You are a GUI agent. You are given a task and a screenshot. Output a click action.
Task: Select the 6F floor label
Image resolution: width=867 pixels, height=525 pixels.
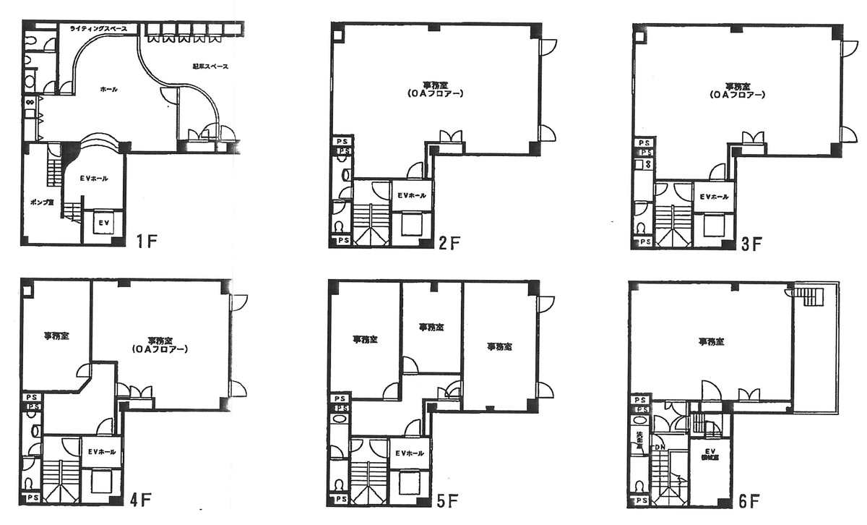pos(751,500)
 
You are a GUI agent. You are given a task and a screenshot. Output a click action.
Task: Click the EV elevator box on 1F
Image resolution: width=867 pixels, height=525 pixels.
pos(103,223)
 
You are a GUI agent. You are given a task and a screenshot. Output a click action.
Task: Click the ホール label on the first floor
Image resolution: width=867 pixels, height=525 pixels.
pos(108,90)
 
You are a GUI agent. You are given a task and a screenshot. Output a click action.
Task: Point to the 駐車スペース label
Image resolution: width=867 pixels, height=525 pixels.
pos(210,67)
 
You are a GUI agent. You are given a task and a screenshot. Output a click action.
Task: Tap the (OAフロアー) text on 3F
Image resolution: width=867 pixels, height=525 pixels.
pos(735,95)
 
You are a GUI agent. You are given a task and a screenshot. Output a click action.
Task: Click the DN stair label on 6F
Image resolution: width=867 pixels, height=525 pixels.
pos(660,448)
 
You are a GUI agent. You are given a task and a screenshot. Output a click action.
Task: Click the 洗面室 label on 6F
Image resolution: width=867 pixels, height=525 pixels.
pos(639,440)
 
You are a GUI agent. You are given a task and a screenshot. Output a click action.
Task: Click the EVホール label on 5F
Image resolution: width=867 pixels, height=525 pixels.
pos(410,453)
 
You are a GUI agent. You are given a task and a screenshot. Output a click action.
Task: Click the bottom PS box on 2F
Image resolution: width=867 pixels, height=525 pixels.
pos(342,240)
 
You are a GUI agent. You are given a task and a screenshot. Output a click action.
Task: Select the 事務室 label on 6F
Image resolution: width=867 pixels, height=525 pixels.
pos(711,341)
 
